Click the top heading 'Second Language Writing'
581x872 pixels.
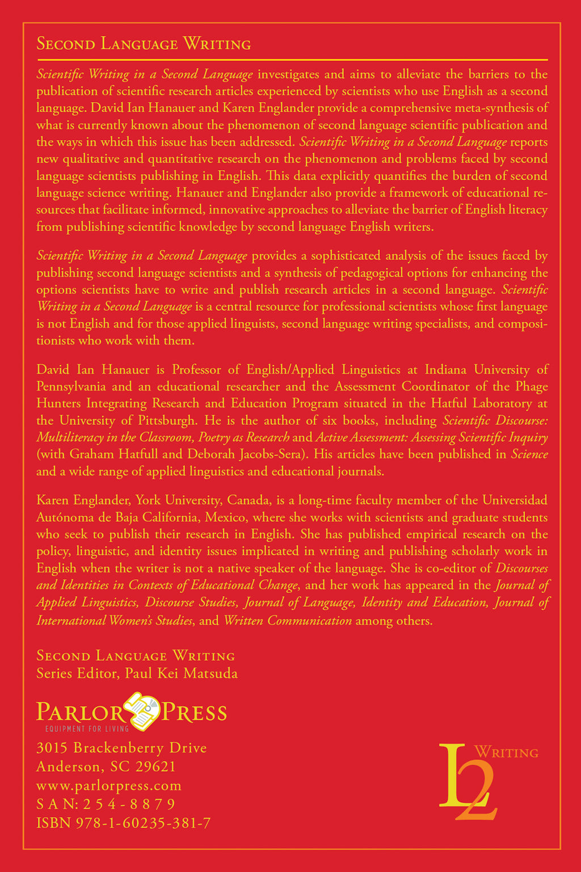pyautogui.click(x=144, y=44)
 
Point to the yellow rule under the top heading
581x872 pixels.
pyautogui.click(x=292, y=59)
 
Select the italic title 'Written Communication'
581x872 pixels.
pyautogui.click(x=288, y=620)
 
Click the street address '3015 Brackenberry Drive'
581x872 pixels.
pyautogui.click(x=121, y=748)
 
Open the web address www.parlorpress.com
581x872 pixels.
pyautogui.click(x=109, y=786)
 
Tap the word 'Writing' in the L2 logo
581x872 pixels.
pyautogui.click(x=506, y=753)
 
